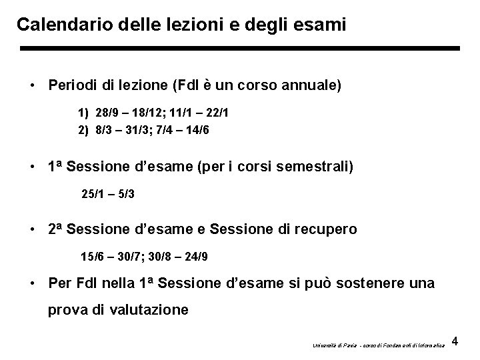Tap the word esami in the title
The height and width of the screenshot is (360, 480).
tap(321, 25)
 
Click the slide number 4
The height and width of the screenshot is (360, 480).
tap(455, 341)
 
